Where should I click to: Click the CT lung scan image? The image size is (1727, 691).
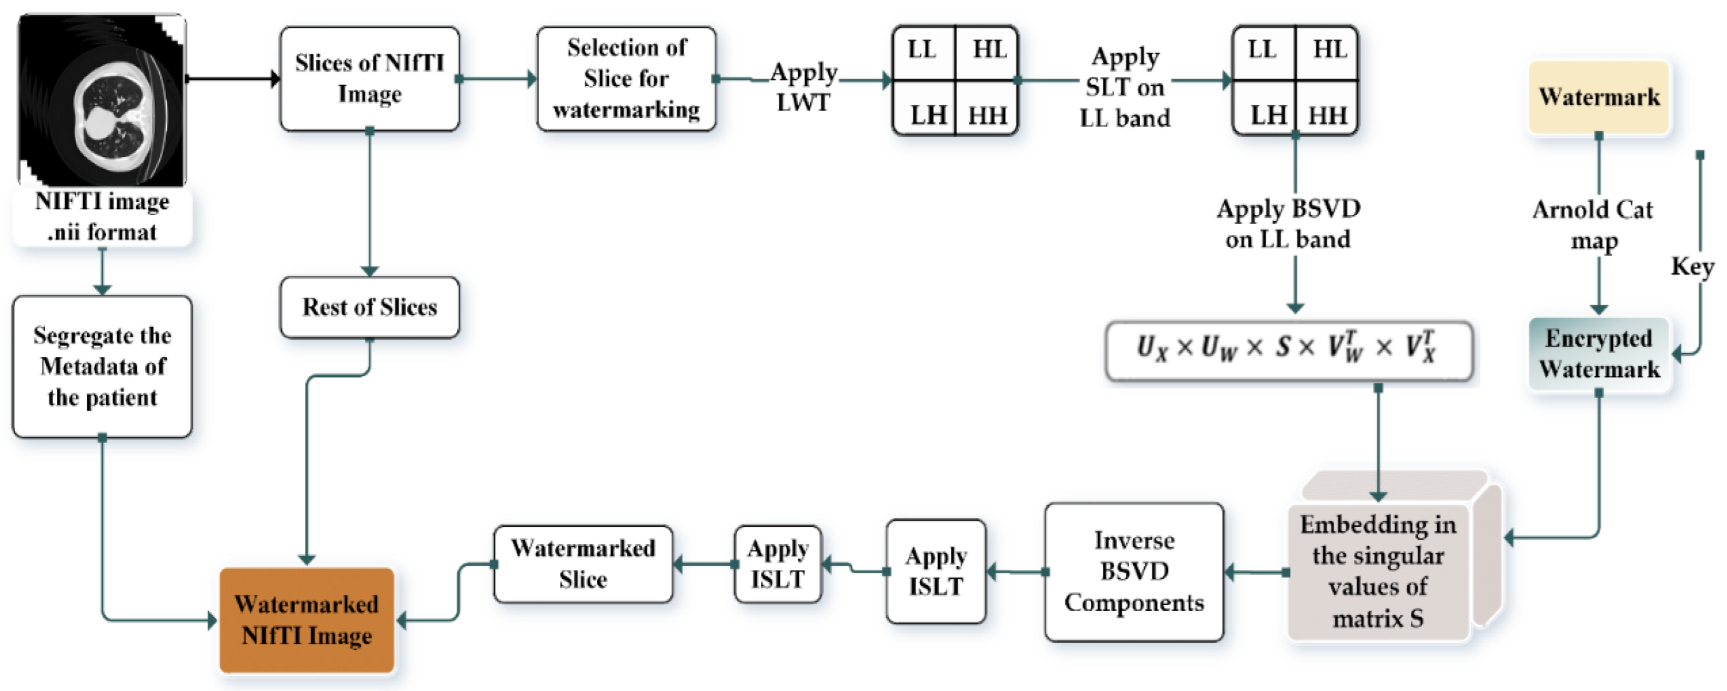coord(102,101)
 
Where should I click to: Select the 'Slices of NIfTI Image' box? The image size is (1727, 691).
coord(369,79)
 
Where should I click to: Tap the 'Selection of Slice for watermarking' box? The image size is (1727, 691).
coord(626,79)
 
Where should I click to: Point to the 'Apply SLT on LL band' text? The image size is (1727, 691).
coord(1125,87)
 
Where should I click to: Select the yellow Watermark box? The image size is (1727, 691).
coord(1599,98)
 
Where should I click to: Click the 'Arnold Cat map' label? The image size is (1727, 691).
coord(1593,225)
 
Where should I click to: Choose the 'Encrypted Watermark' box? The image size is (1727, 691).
coord(1599,354)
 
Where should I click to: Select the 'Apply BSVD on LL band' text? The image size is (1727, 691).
coord(1289,224)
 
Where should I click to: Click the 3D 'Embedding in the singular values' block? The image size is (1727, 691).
coord(1378,569)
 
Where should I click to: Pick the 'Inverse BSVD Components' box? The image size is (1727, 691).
coord(1133,572)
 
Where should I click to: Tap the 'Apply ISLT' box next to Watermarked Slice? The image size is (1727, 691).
coord(778,564)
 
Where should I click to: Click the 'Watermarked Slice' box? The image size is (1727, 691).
coord(583,564)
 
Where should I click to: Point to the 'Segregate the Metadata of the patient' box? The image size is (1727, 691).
coord(103,367)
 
